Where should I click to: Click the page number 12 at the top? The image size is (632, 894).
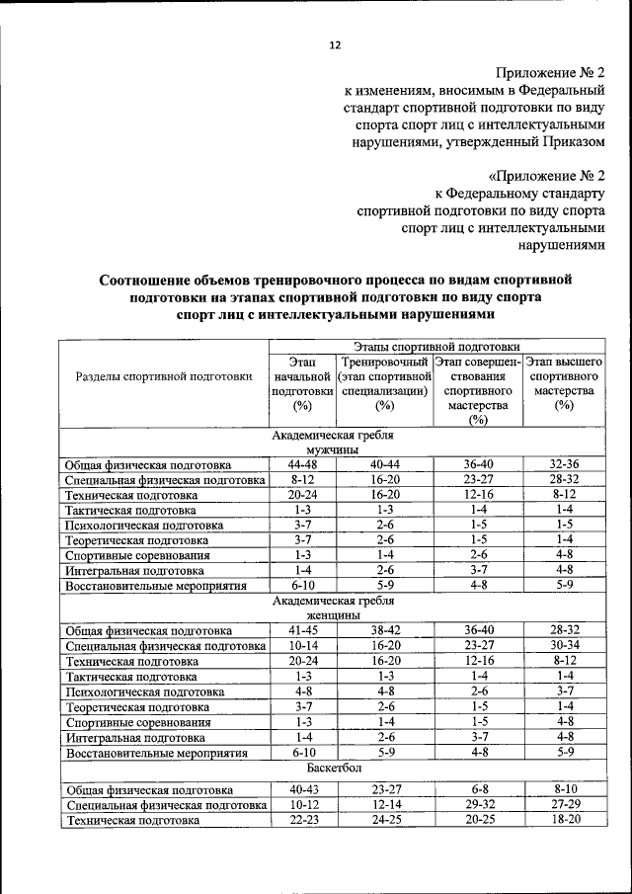pos(334,45)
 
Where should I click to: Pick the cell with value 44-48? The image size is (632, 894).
pos(302,464)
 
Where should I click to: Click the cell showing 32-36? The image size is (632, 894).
pos(564,464)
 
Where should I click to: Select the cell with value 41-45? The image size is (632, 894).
pos(302,629)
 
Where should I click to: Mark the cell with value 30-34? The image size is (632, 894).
pos(564,645)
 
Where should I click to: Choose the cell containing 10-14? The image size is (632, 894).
pos(302,645)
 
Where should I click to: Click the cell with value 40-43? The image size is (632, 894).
pos(302,789)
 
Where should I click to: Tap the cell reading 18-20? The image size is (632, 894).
pos(564,820)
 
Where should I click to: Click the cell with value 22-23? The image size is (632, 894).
pos(302,820)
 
